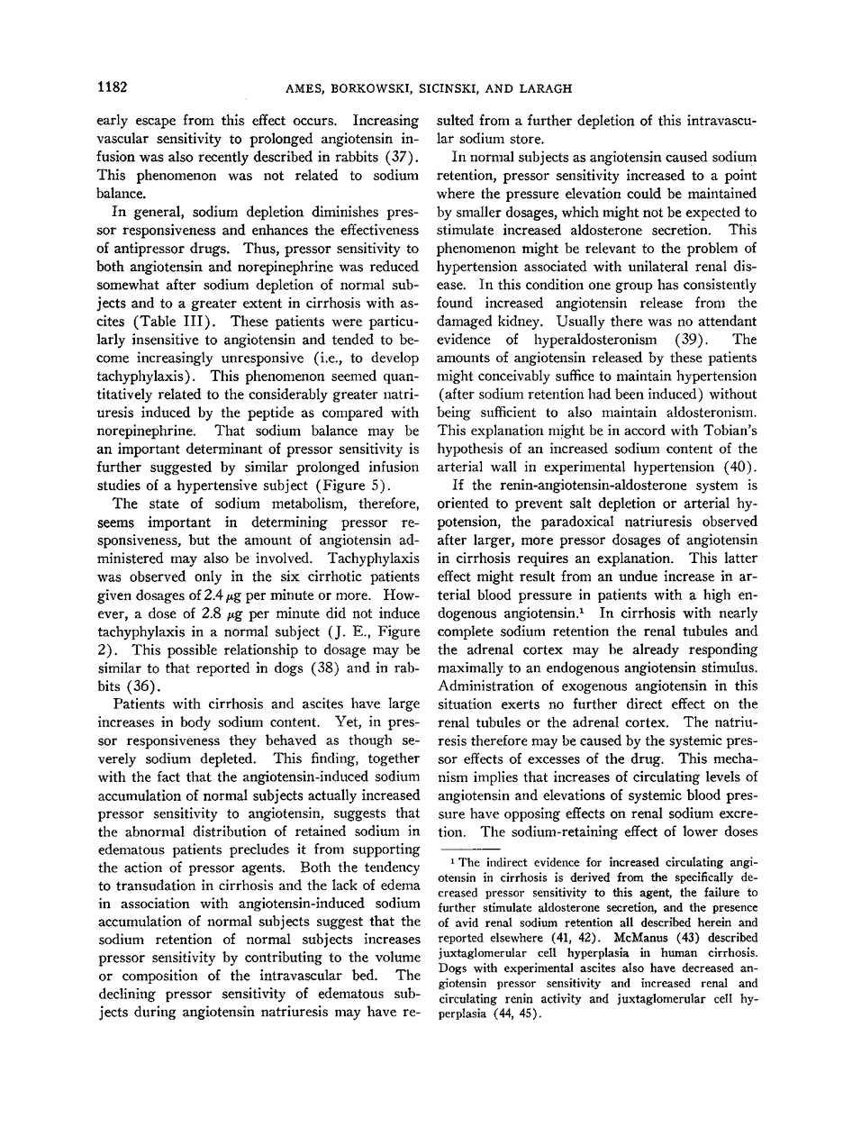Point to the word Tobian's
point(725,397)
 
